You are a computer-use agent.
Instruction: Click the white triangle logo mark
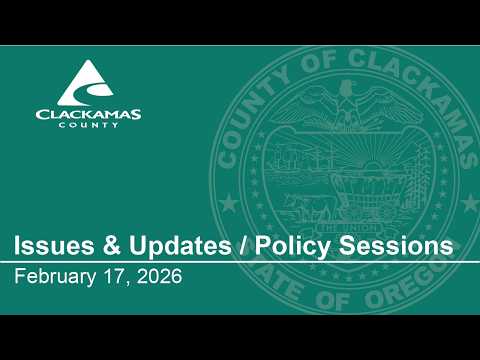pyautogui.click(x=86, y=83)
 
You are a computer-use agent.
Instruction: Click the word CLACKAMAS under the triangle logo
pyautogui.click(x=88, y=114)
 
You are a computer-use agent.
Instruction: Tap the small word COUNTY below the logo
pyautogui.click(x=88, y=125)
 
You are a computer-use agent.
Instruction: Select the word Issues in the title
pyautogui.click(x=54, y=246)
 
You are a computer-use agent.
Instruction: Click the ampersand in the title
pyautogui.click(x=111, y=246)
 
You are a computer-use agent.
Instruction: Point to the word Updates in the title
pyautogui.click(x=180, y=247)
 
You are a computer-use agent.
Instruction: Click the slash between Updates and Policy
pyautogui.click(x=243, y=246)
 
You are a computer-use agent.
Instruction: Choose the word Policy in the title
pyautogui.click(x=292, y=247)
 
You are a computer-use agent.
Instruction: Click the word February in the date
pyautogui.click(x=55, y=277)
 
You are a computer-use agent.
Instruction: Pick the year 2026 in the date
pyautogui.click(x=159, y=276)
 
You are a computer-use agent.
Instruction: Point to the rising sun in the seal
pyautogui.click(x=372, y=164)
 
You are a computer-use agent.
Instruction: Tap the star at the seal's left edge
pyautogui.click(x=229, y=203)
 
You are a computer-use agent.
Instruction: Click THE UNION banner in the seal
pyautogui.click(x=347, y=228)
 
